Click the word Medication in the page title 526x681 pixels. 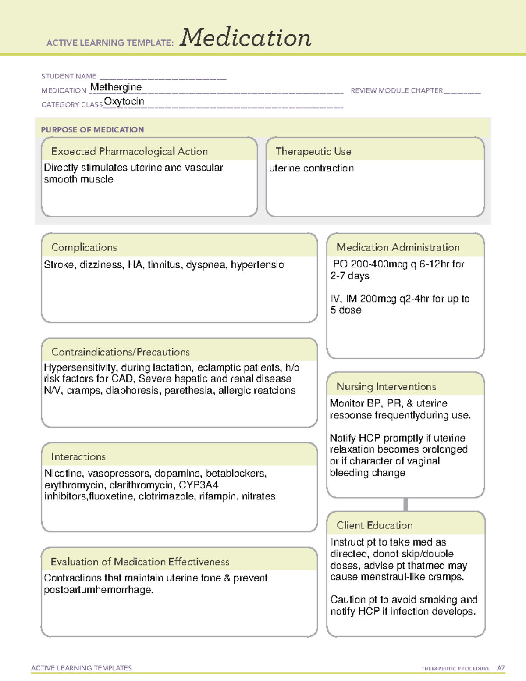click(245, 38)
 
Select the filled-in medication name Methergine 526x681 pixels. click(116, 87)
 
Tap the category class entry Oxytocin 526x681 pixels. click(124, 101)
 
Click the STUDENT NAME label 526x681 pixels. click(69, 76)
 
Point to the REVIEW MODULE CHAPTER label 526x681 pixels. click(397, 90)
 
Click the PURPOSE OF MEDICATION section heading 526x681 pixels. click(92, 130)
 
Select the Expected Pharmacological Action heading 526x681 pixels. click(129, 151)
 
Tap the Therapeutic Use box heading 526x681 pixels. click(313, 151)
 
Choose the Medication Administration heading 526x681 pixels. click(398, 247)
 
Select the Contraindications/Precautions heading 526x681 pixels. click(121, 352)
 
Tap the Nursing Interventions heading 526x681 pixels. click(386, 387)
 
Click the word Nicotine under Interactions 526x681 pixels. click(64, 474)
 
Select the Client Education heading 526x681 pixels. click(374, 525)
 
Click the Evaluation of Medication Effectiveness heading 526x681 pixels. click(140, 562)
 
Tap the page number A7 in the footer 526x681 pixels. click(500, 668)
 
